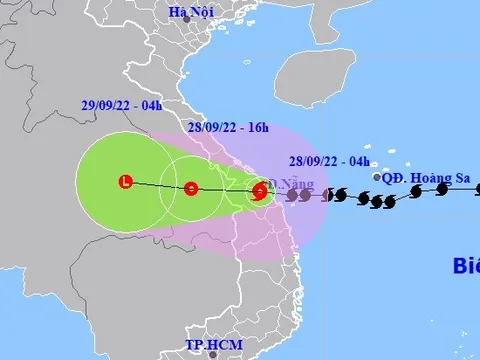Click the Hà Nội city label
tap(185, 12)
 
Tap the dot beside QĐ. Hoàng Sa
tap(376, 178)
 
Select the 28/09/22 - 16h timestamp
tap(228, 127)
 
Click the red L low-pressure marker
tap(124, 181)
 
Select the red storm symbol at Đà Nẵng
tap(259, 190)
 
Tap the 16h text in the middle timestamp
tap(257, 127)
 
